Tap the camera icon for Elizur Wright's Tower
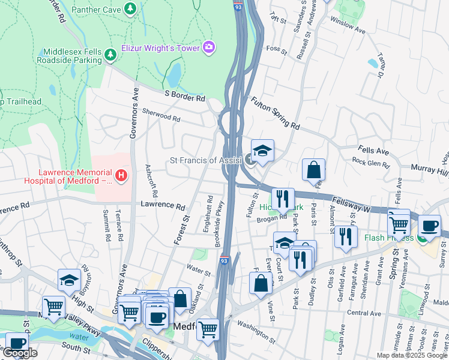tap(209, 46)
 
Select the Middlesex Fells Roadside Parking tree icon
tap(110, 55)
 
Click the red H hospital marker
tap(122, 175)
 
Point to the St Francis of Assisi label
tap(205, 160)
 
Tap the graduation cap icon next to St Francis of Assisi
tap(262, 151)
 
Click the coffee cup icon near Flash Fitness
tap(429, 226)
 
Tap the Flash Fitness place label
tap(388, 237)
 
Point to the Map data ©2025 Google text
tap(412, 355)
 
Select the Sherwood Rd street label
tap(161, 115)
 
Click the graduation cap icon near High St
tap(70, 280)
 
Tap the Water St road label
tap(199, 269)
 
